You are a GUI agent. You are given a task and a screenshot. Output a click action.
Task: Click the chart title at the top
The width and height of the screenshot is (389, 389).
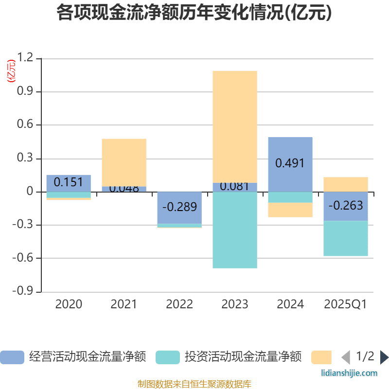(x=194, y=13)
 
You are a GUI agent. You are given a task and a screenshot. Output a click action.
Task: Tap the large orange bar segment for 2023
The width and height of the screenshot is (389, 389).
(x=235, y=126)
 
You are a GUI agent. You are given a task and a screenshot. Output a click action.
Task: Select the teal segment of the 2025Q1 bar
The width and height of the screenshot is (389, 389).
(x=346, y=238)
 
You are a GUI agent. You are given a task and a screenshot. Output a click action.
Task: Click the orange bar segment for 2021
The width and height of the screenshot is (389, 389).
(x=124, y=162)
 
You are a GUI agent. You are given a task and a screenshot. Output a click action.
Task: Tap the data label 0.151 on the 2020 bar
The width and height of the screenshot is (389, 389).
(x=69, y=182)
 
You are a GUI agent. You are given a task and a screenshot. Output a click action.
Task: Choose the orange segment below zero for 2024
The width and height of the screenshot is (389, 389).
(x=290, y=210)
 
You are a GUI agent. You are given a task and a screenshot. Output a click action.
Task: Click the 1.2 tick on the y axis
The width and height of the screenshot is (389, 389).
(x=26, y=58)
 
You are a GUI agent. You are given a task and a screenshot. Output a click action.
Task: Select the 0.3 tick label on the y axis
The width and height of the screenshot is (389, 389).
(x=26, y=159)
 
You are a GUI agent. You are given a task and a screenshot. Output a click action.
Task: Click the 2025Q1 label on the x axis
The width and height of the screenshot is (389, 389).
(x=346, y=304)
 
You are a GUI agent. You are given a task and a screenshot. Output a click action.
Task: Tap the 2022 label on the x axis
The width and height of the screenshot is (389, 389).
(x=179, y=304)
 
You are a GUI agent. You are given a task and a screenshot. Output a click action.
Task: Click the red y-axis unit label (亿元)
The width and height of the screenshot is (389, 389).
(x=11, y=71)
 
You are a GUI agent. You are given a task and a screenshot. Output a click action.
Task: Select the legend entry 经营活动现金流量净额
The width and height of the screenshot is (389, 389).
(x=73, y=357)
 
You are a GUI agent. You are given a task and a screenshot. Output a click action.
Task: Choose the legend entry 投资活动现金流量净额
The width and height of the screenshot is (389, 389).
(x=229, y=357)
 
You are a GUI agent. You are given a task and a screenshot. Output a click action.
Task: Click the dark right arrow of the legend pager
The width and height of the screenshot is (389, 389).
(x=384, y=357)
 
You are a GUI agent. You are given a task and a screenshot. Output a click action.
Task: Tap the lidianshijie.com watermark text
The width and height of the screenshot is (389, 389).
(x=350, y=373)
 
